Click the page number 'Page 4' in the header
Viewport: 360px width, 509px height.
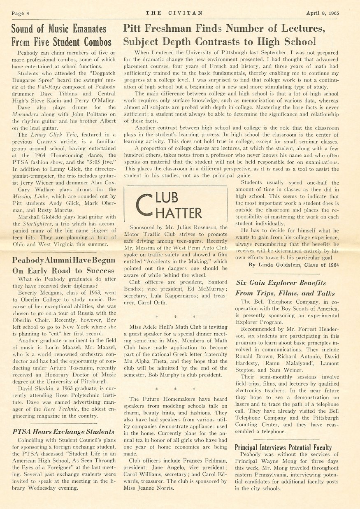click(x=19, y=13)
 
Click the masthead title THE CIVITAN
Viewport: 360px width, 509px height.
click(x=174, y=13)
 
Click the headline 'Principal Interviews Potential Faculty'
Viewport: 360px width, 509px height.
click(x=283, y=448)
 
